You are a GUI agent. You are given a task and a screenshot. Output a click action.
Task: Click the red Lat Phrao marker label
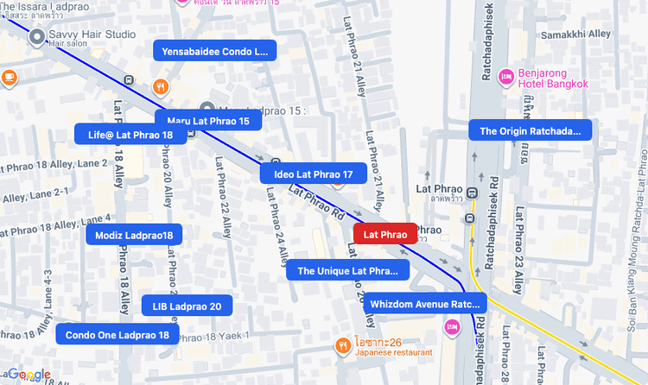[x=385, y=233]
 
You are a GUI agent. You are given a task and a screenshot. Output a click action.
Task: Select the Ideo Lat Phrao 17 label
[x=313, y=174]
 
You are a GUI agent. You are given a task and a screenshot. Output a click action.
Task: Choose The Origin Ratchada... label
[x=530, y=131]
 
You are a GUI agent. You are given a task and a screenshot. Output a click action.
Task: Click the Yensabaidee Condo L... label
[x=214, y=51]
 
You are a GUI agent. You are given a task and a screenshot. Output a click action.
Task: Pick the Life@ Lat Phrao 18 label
[x=130, y=135]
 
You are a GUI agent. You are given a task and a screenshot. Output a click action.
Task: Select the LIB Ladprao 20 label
[x=187, y=306]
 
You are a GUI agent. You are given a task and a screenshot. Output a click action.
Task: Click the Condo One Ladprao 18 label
[x=118, y=335]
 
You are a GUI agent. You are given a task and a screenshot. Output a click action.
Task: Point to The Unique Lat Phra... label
[x=347, y=270]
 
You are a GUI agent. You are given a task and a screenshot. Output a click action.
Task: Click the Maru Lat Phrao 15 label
[x=207, y=121]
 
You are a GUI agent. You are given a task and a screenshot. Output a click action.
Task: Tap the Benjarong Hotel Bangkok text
[x=553, y=79]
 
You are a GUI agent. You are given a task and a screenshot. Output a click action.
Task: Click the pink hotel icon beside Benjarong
[x=507, y=76]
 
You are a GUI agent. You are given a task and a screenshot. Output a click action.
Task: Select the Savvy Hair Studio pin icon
[x=36, y=37]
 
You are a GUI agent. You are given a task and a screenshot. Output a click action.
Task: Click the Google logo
[x=29, y=374]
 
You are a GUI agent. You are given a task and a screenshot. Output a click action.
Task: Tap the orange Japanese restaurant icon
[x=343, y=345]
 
